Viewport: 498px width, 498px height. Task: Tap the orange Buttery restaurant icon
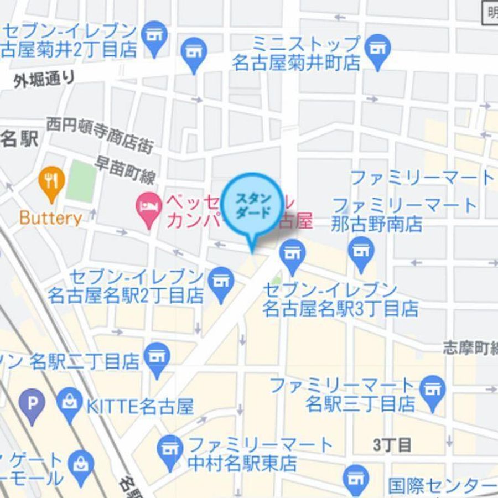[51, 181]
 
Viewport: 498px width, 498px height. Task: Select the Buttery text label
[50, 217]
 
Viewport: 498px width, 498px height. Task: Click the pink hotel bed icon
[148, 207]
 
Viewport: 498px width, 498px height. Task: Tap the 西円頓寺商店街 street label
[100, 134]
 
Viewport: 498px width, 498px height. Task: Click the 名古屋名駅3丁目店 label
[340, 308]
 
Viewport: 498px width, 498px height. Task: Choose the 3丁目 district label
[392, 444]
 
